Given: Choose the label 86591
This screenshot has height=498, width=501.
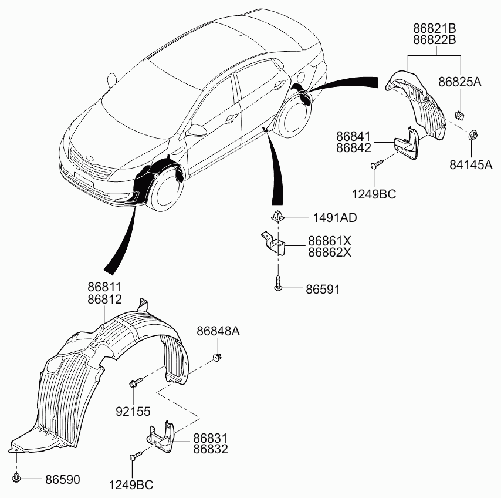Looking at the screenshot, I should tap(322, 290).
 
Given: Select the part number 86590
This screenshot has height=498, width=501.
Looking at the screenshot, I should tap(62, 480).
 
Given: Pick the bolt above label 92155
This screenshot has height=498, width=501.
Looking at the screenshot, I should tap(134, 383).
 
